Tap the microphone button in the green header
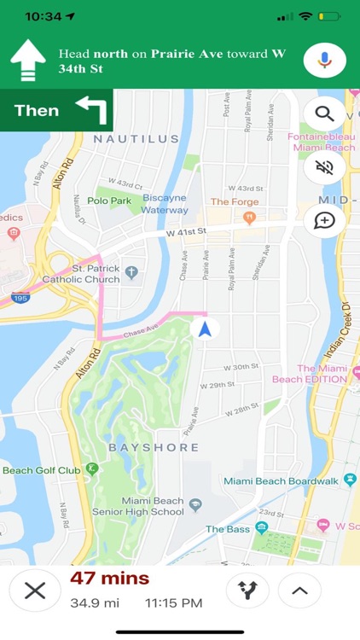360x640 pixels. [325, 60]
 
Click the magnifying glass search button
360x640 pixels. [324, 113]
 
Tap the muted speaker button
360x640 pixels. [324, 167]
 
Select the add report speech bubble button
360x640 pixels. [324, 221]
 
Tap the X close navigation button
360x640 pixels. [35, 591]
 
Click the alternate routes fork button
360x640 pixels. [247, 591]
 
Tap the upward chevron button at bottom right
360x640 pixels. [299, 591]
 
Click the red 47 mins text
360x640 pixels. [109, 579]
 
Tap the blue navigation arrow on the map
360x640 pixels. [204, 329]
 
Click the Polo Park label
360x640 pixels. [109, 200]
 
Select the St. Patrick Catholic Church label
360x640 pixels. [82, 273]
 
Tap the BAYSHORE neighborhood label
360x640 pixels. [154, 447]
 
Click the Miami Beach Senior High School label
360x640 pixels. [153, 506]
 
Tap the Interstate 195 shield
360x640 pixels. [20, 298]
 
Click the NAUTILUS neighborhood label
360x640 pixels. [136, 138]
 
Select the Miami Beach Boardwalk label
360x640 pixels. [281, 481]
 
